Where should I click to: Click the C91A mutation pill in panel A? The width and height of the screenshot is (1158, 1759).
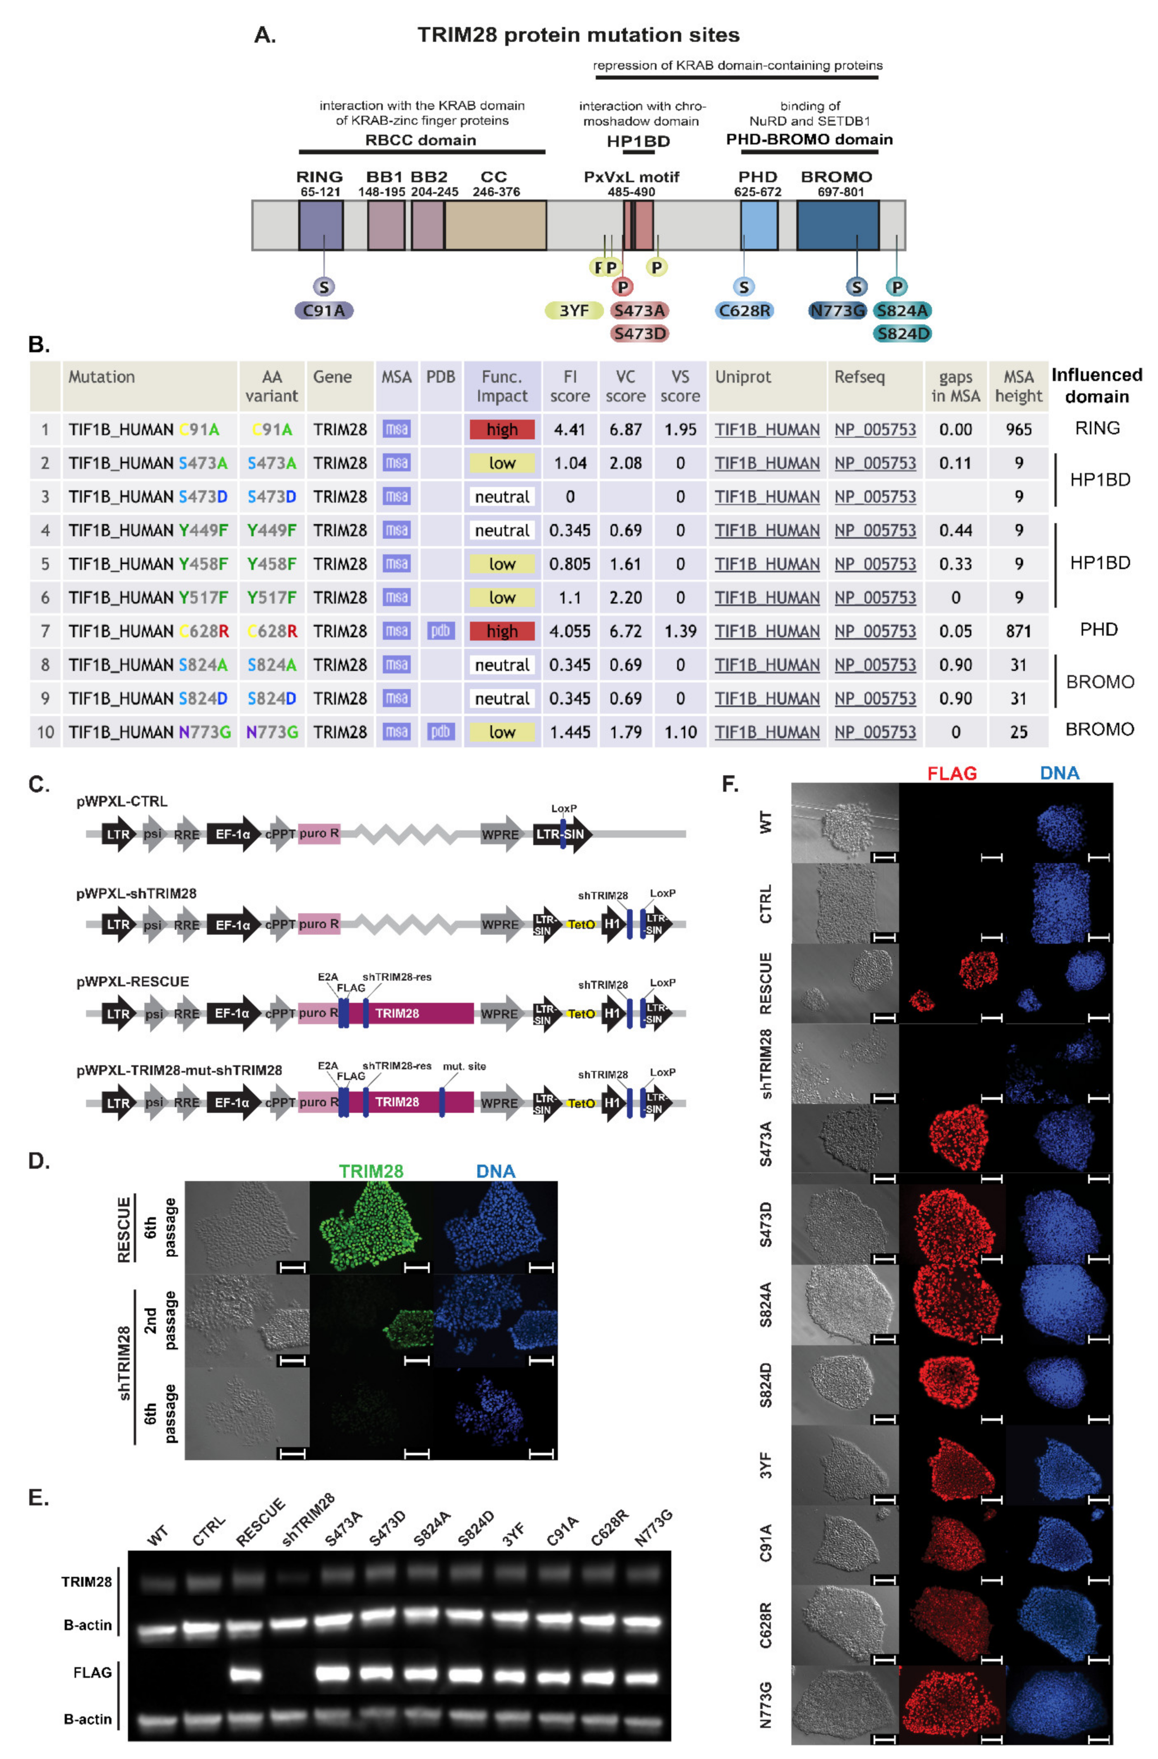pyautogui.click(x=324, y=311)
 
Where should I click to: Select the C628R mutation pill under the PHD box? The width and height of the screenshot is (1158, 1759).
pyautogui.click(x=744, y=311)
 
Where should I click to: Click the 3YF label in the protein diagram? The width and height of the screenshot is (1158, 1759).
pyautogui.click(x=574, y=311)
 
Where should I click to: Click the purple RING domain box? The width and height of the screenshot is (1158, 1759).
pyautogui.click(x=321, y=225)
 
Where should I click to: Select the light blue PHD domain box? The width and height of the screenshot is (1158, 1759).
pyautogui.click(x=759, y=225)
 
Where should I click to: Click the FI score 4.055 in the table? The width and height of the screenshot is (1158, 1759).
pyautogui.click(x=570, y=631)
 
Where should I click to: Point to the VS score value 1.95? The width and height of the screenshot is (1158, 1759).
pyautogui.click(x=680, y=429)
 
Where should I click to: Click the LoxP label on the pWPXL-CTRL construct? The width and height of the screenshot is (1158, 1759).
pyautogui.click(x=564, y=808)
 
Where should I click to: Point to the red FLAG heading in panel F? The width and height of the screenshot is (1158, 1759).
pyautogui.click(x=952, y=773)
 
